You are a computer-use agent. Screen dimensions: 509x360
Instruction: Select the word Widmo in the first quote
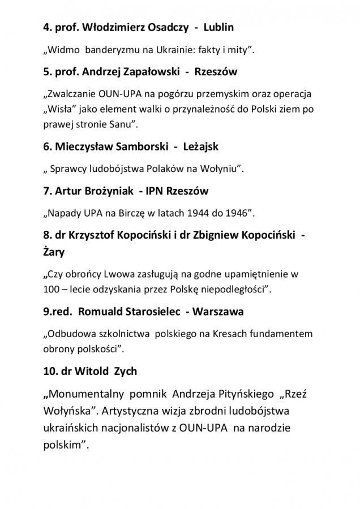coord(63,51)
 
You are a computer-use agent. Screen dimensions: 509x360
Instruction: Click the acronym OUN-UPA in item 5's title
coord(114,93)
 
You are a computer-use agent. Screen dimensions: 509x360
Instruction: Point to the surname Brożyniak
coord(103,191)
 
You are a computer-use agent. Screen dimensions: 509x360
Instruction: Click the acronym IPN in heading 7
coord(157,191)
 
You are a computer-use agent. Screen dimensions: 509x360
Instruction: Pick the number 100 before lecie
coord(51,290)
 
